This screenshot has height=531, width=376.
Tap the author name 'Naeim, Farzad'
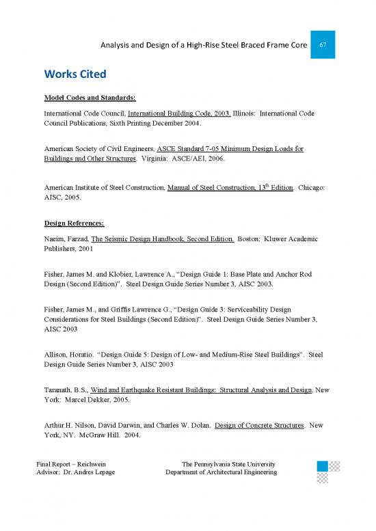click(66, 239)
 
